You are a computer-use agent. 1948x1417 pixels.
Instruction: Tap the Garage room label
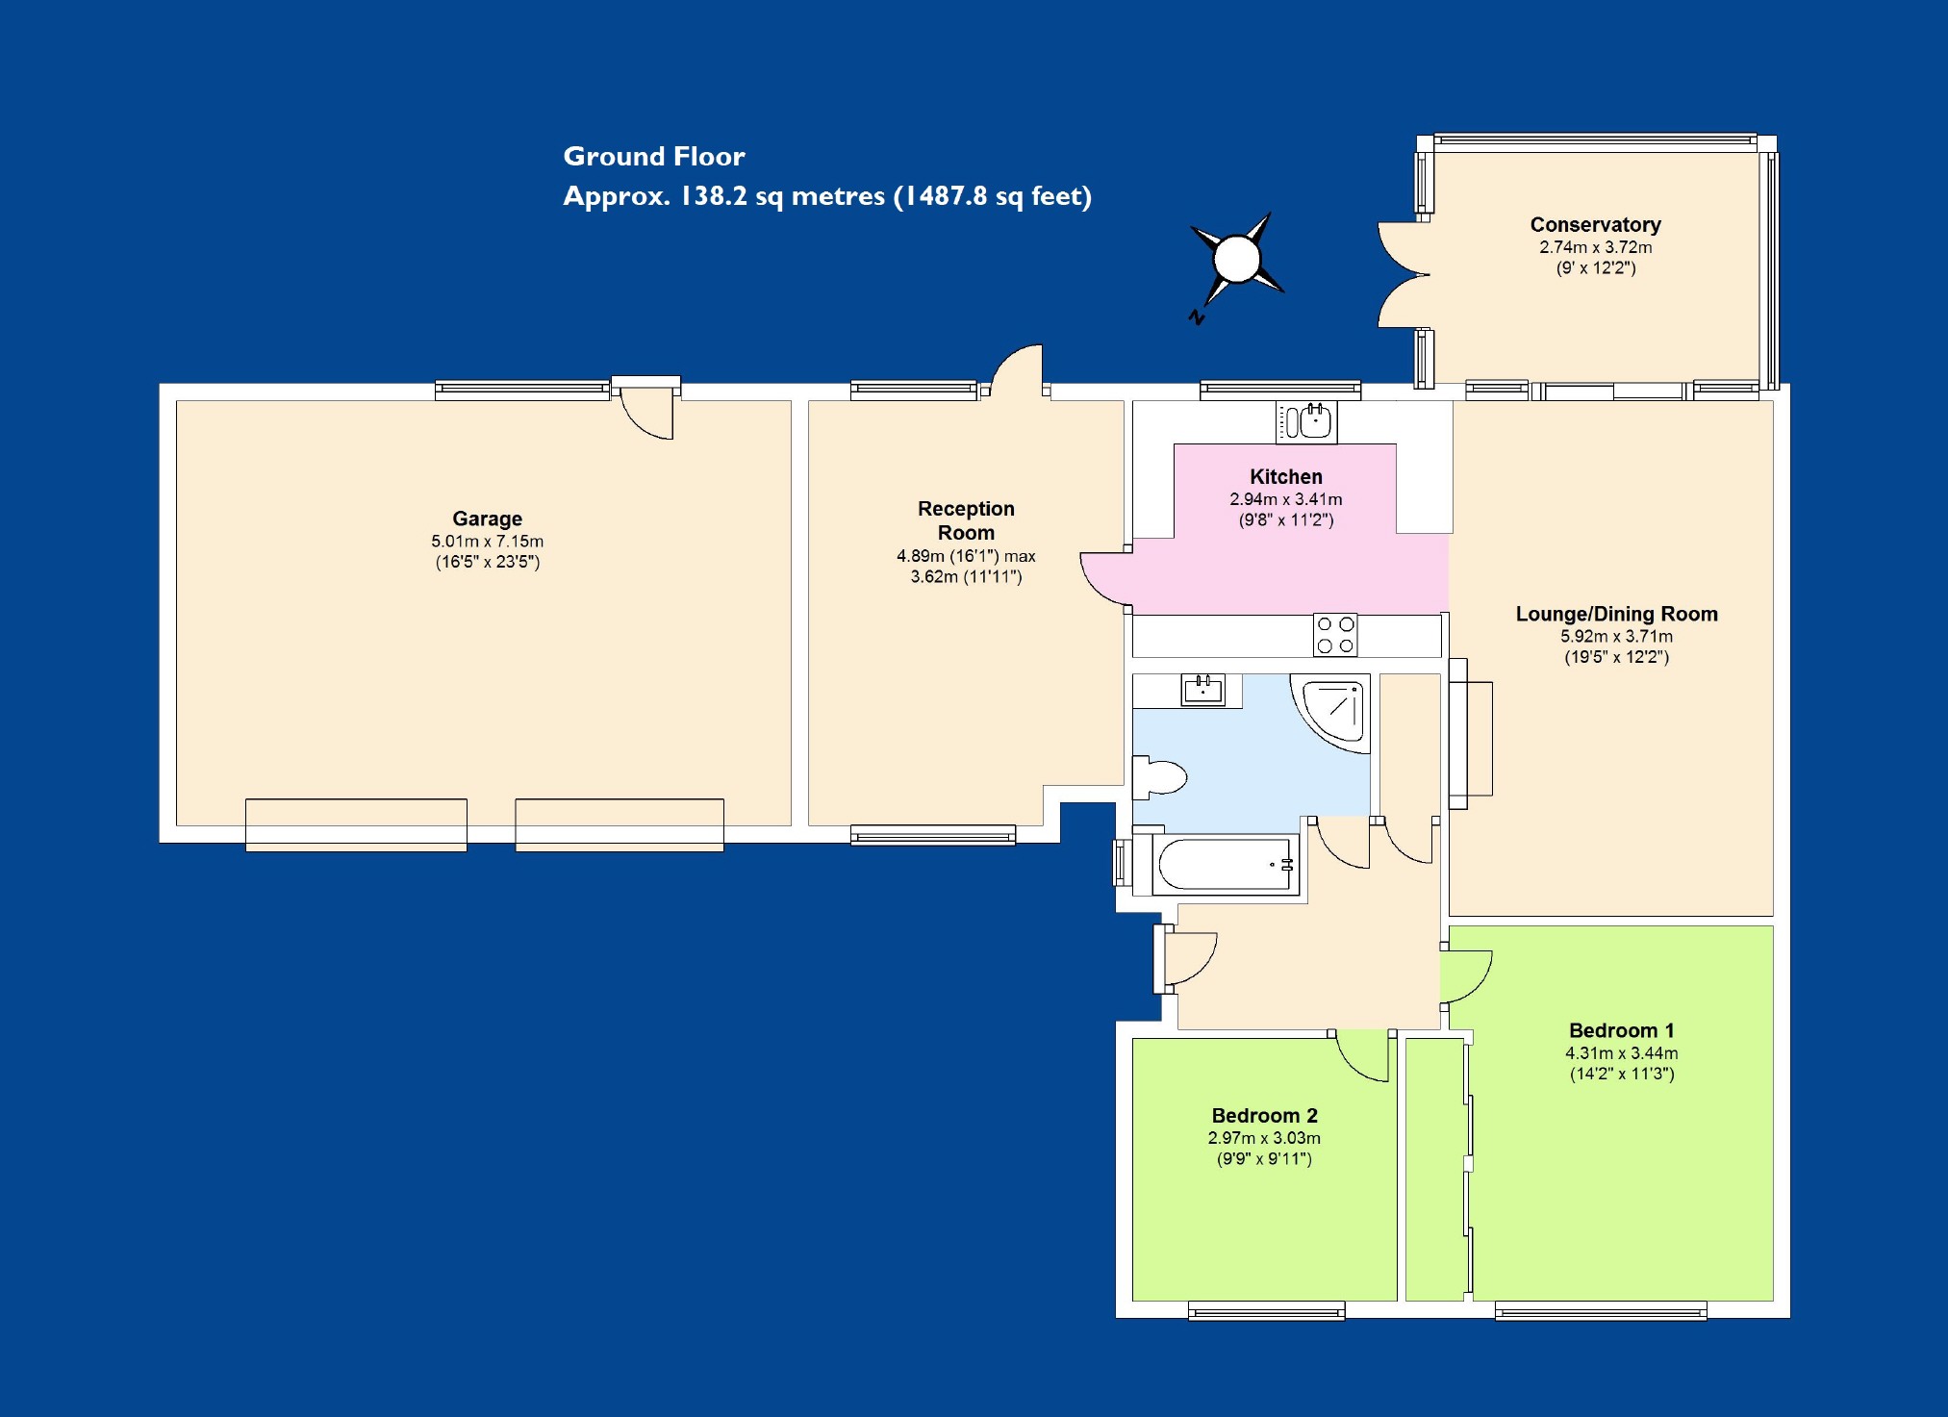(487, 519)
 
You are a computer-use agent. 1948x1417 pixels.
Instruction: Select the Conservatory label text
(1595, 225)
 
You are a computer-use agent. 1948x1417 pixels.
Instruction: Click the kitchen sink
(1306, 421)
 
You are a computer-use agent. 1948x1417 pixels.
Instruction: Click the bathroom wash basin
(1202, 690)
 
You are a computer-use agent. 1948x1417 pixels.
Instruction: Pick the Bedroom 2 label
(1264, 1116)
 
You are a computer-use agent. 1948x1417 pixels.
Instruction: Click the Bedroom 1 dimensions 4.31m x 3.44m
(1621, 1053)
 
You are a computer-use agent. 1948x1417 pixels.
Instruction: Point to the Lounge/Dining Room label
(1616, 614)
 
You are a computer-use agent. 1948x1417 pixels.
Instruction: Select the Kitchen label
(1285, 477)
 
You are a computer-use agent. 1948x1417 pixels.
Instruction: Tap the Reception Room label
(966, 520)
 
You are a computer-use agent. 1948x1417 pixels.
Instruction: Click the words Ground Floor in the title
(653, 157)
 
